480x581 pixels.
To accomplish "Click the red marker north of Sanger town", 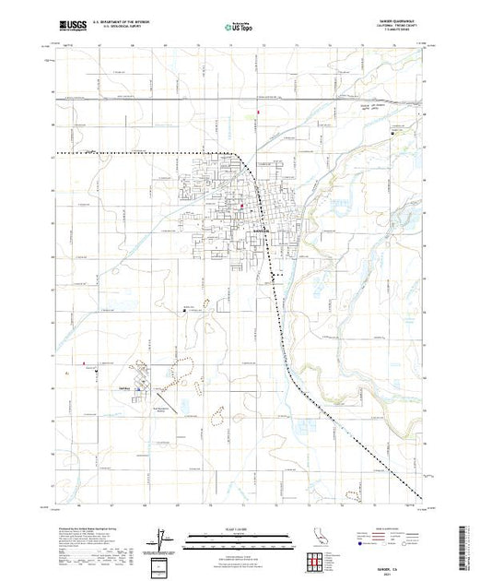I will (x=259, y=113).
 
